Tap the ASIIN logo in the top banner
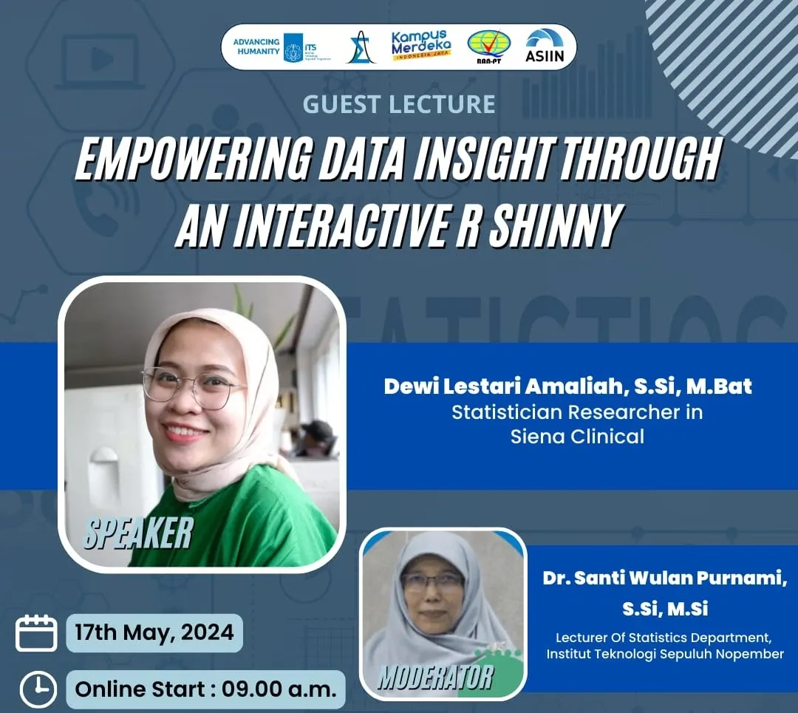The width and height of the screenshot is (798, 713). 545,47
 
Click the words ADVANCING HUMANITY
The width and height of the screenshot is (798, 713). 256,47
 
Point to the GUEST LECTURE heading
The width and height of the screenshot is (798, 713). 398,104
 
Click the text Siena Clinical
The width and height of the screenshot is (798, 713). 577,436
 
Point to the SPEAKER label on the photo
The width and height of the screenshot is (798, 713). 138,533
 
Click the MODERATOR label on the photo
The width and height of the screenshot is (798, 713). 434,677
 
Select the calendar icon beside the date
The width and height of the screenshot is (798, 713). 36,633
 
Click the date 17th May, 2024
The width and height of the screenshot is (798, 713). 154,633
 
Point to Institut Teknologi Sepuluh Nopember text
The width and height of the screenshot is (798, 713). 665,654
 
